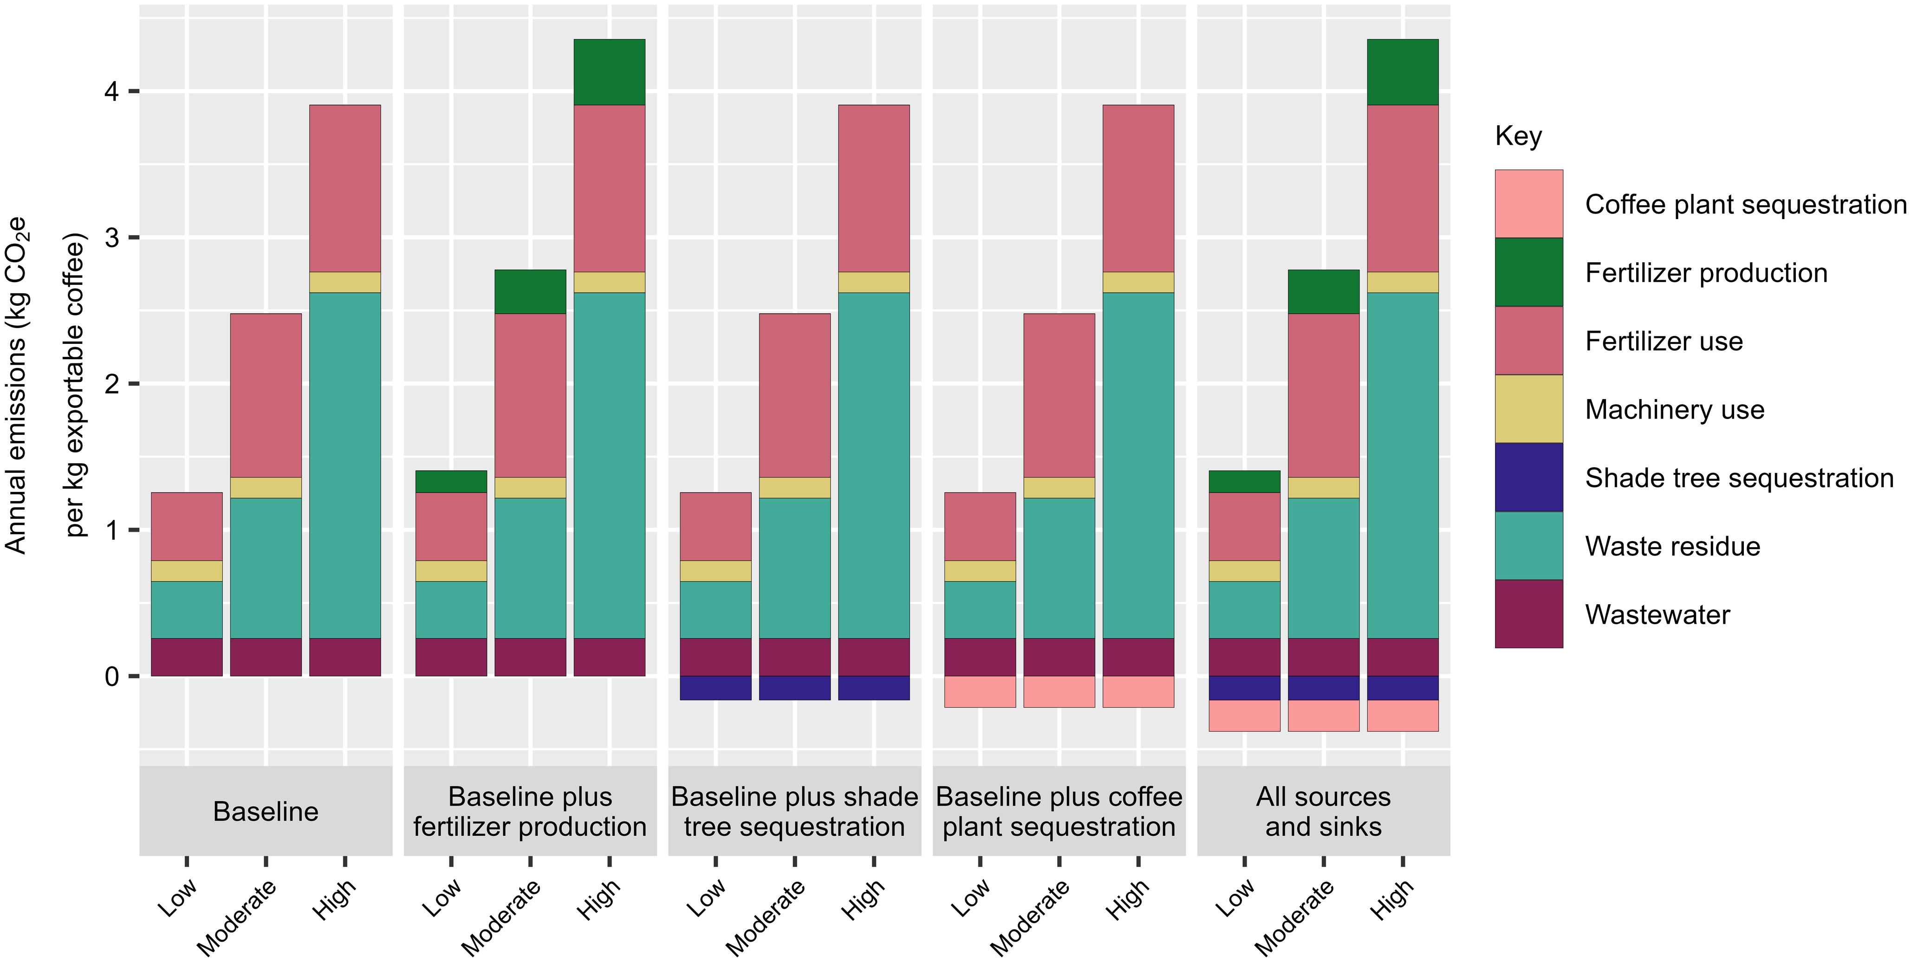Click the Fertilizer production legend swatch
(x=1528, y=272)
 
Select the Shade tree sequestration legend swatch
(x=1528, y=477)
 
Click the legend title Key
(x=1518, y=136)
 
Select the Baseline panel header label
(x=266, y=812)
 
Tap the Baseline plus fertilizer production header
(x=530, y=812)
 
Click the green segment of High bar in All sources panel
(x=1402, y=72)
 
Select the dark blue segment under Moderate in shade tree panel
(x=794, y=688)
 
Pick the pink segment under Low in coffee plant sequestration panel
(x=979, y=692)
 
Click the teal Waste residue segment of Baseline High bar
(x=345, y=465)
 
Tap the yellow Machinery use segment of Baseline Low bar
(x=186, y=571)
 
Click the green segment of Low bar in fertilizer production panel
(x=451, y=481)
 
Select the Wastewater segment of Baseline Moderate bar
(x=266, y=657)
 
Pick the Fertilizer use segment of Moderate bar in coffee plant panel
(x=1059, y=395)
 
